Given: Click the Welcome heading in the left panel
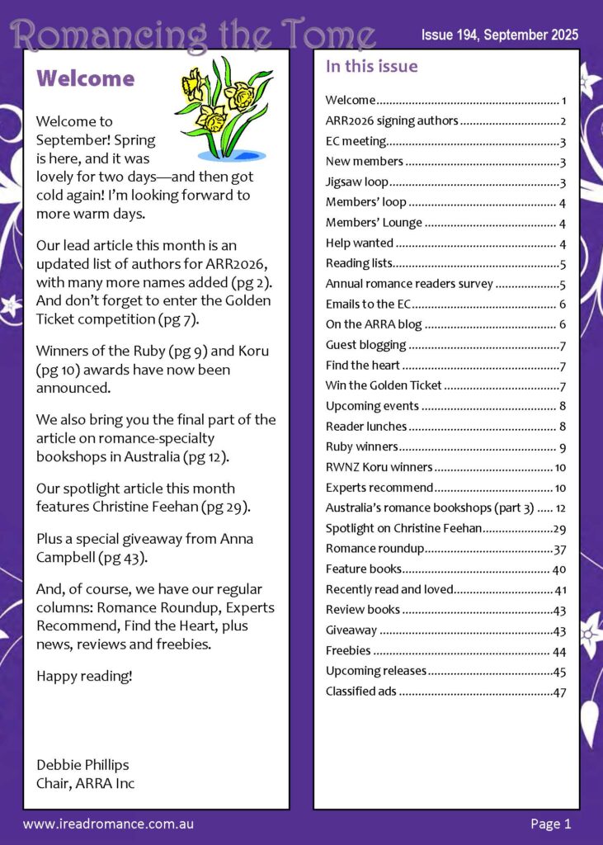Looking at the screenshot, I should pos(86,78).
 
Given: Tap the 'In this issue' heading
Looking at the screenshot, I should pos(371,67).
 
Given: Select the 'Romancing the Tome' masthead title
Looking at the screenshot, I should pos(195,34).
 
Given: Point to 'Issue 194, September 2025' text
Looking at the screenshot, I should pos(499,35).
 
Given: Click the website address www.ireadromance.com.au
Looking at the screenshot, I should pos(108,824).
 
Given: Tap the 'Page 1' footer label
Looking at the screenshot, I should pos(550,824).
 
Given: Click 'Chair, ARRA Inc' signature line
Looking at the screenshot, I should pos(85,782).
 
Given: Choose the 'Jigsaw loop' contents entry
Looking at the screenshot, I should pos(357,182).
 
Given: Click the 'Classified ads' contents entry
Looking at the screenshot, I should pos(361,692).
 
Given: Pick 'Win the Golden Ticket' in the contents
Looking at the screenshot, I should pos(384,385).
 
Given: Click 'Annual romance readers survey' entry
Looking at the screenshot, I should pos(409,284).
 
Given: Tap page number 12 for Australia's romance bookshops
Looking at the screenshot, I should pos(560,508).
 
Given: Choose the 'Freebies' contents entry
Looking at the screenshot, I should pos(348,651).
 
